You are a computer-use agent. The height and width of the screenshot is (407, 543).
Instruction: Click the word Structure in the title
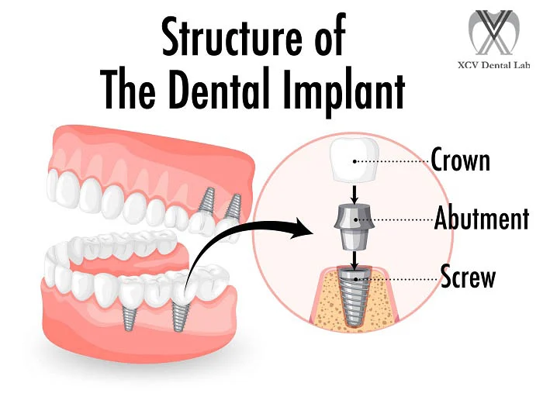click(x=231, y=36)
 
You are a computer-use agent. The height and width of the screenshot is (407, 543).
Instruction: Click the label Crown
click(x=460, y=159)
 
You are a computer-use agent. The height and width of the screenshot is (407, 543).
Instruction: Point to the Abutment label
click(x=482, y=218)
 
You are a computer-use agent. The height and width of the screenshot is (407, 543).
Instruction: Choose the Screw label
click(x=468, y=275)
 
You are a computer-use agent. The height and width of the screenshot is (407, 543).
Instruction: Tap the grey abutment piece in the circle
click(x=355, y=227)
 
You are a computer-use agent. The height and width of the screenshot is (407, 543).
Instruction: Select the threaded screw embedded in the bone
click(x=355, y=296)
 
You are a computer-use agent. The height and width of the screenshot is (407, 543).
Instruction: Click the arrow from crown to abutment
click(x=354, y=194)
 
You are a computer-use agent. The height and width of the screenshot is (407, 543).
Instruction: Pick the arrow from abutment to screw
click(x=354, y=260)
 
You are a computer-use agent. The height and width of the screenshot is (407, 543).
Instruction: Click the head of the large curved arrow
click(x=301, y=228)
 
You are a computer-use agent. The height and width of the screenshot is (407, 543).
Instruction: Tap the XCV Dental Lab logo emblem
click(x=494, y=33)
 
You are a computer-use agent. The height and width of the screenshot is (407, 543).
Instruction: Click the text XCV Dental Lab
click(x=494, y=64)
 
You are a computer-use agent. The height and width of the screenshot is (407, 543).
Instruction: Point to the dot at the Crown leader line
click(x=355, y=161)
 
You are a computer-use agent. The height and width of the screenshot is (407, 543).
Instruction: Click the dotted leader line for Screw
click(x=398, y=279)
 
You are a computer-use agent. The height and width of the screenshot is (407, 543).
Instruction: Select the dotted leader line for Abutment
click(x=395, y=219)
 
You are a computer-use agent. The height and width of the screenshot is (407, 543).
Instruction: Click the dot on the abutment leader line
click(x=355, y=219)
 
